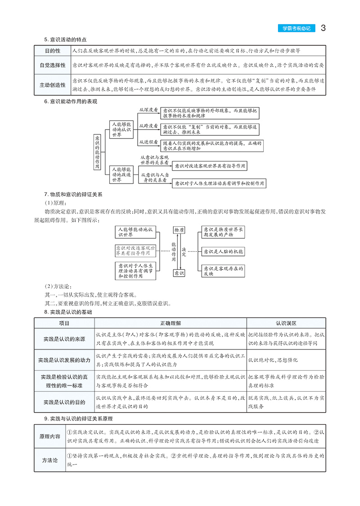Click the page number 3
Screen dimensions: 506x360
[324, 28]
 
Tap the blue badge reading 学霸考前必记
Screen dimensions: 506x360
[296, 29]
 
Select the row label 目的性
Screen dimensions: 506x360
[52, 51]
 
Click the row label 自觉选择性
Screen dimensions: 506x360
[52, 65]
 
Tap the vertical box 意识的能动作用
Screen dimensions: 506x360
[97, 152]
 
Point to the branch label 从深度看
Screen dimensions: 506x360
[148, 109]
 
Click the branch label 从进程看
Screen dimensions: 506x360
[148, 142]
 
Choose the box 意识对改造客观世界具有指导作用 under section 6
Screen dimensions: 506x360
[210, 166]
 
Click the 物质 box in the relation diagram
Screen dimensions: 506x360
[179, 230]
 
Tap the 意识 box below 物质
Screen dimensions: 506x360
[179, 273]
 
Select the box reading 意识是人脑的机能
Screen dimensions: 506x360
[222, 251]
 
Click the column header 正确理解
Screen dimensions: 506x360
[171, 323]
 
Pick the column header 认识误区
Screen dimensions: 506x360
[286, 323]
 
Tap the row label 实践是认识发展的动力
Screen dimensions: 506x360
[64, 360]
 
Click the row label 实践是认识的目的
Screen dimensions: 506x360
[64, 401]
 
